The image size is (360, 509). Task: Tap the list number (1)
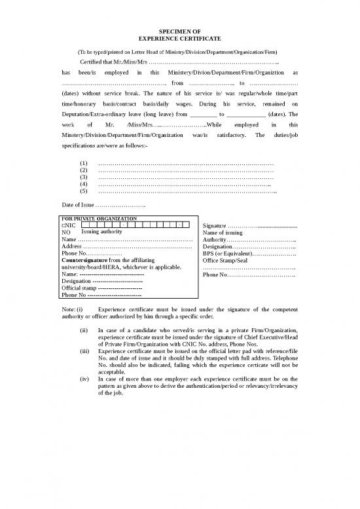(83, 162)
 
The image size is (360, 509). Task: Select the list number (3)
(83, 177)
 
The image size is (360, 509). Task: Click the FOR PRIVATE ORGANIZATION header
(98, 217)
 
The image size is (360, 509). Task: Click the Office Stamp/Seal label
(226, 260)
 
